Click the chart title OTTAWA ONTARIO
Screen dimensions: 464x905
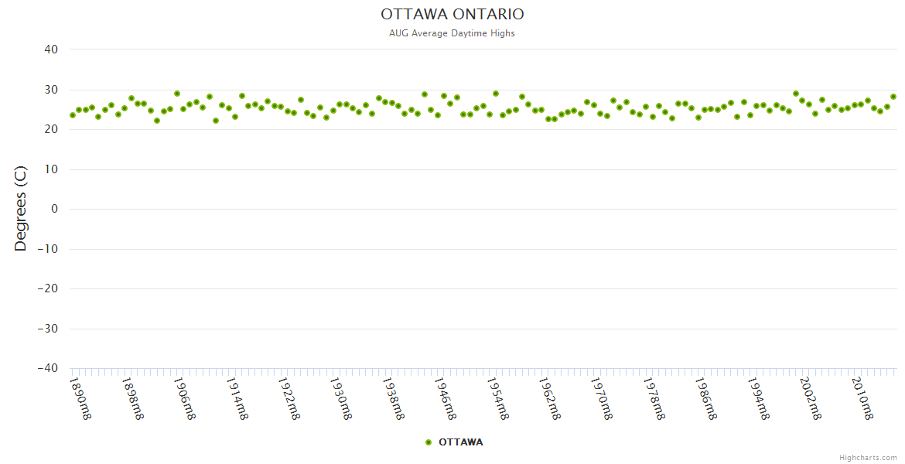(452, 14)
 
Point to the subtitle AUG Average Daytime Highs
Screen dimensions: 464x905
(452, 33)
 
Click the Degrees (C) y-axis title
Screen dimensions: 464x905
(21, 208)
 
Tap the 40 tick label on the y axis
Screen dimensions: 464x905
(51, 49)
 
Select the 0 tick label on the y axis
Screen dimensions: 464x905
(54, 209)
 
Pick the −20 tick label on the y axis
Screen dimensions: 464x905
(47, 288)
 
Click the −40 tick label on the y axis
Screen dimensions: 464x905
(47, 368)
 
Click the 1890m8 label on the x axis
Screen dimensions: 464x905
(80, 398)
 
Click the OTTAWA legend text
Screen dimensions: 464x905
(461, 442)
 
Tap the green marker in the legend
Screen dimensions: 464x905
(429, 442)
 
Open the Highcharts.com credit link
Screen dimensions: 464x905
(868, 458)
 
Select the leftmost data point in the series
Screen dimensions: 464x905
(73, 115)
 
